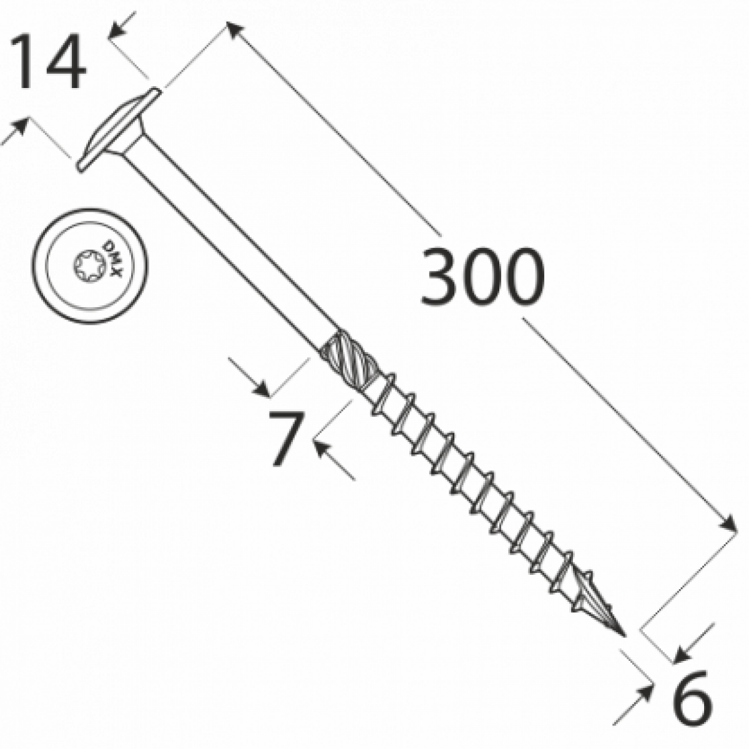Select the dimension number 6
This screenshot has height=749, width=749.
tap(692, 697)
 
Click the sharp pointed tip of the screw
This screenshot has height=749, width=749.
tap(623, 635)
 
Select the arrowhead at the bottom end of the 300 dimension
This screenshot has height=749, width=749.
tap(729, 524)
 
